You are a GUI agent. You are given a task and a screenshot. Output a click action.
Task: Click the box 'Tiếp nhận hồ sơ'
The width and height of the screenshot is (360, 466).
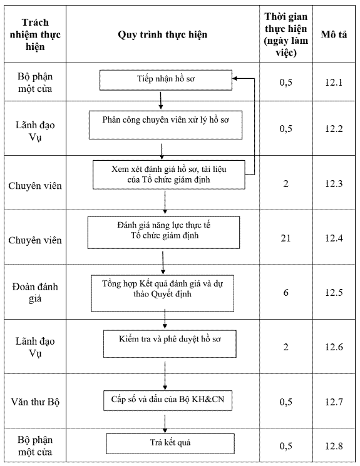tap(166, 80)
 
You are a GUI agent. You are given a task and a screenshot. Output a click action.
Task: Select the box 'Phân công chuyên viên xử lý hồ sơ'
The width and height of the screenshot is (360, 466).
tap(165, 125)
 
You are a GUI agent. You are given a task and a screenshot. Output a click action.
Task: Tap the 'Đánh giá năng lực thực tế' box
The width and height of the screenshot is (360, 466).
tap(163, 233)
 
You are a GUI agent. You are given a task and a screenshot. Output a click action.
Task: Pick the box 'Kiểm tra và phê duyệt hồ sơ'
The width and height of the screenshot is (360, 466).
tap(170, 343)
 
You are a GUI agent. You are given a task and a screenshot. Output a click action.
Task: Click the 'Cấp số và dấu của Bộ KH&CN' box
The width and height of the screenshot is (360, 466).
tap(168, 400)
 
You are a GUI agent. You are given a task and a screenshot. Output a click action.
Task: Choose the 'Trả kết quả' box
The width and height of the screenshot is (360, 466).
tap(170, 443)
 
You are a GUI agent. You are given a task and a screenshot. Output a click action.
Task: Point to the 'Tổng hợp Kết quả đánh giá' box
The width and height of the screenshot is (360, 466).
tap(162, 293)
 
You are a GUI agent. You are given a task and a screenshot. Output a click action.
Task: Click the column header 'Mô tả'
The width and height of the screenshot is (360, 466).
tap(334, 34)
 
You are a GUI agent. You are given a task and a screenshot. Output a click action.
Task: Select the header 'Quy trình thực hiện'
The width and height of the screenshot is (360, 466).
tap(162, 34)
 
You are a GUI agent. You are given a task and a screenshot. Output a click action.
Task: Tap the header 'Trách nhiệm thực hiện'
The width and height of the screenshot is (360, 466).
tap(35, 34)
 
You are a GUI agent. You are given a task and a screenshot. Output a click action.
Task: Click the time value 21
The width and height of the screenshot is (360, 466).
tap(285, 238)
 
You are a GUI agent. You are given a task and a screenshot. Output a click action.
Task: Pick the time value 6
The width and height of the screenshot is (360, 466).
tap(285, 293)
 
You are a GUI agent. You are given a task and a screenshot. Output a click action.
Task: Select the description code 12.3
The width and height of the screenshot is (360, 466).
tap(334, 183)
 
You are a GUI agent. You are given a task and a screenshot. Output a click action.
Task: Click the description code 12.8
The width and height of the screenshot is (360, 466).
tap(334, 446)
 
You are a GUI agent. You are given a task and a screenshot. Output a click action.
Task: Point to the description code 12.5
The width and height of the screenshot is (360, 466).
tap(334, 293)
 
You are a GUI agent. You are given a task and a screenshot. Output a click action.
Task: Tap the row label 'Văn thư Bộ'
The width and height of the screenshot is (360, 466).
tap(35, 402)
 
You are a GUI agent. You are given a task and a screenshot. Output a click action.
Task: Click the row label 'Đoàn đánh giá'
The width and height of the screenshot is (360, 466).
tap(35, 293)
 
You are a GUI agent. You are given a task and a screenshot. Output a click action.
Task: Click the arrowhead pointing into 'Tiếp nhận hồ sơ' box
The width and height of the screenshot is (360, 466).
tap(234, 78)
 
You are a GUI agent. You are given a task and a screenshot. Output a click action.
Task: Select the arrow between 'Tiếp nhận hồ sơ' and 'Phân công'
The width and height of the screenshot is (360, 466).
tap(161, 101)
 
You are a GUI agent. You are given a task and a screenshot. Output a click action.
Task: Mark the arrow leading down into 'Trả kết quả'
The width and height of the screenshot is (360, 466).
tap(165, 424)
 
